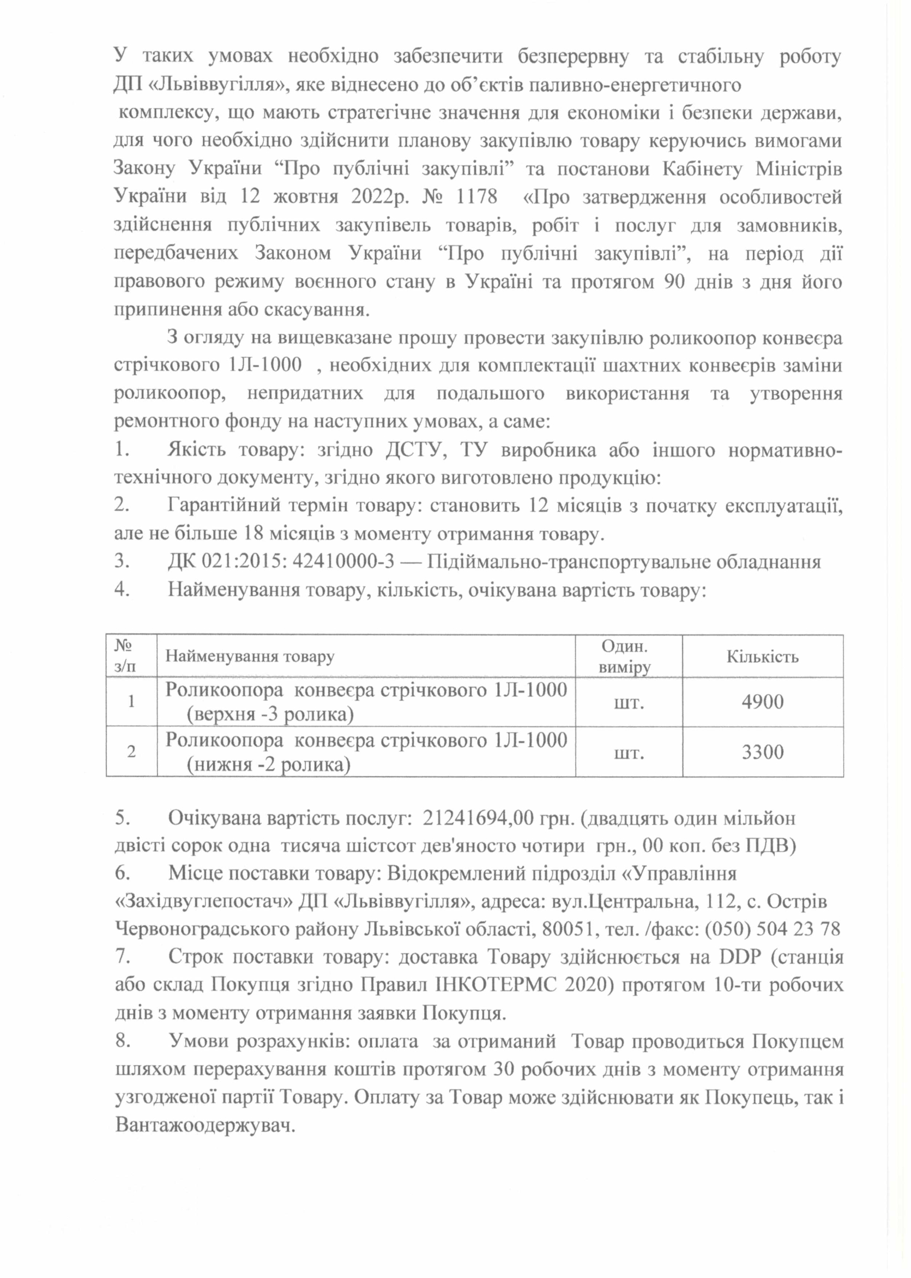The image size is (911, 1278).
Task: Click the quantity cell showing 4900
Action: tap(762, 701)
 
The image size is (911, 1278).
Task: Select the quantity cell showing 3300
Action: tap(762, 752)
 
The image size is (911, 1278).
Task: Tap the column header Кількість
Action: tap(762, 656)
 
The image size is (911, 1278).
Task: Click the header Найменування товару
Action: tap(250, 656)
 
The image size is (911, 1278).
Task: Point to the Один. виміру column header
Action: tap(628, 656)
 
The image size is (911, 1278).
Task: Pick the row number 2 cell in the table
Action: tap(131, 752)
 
